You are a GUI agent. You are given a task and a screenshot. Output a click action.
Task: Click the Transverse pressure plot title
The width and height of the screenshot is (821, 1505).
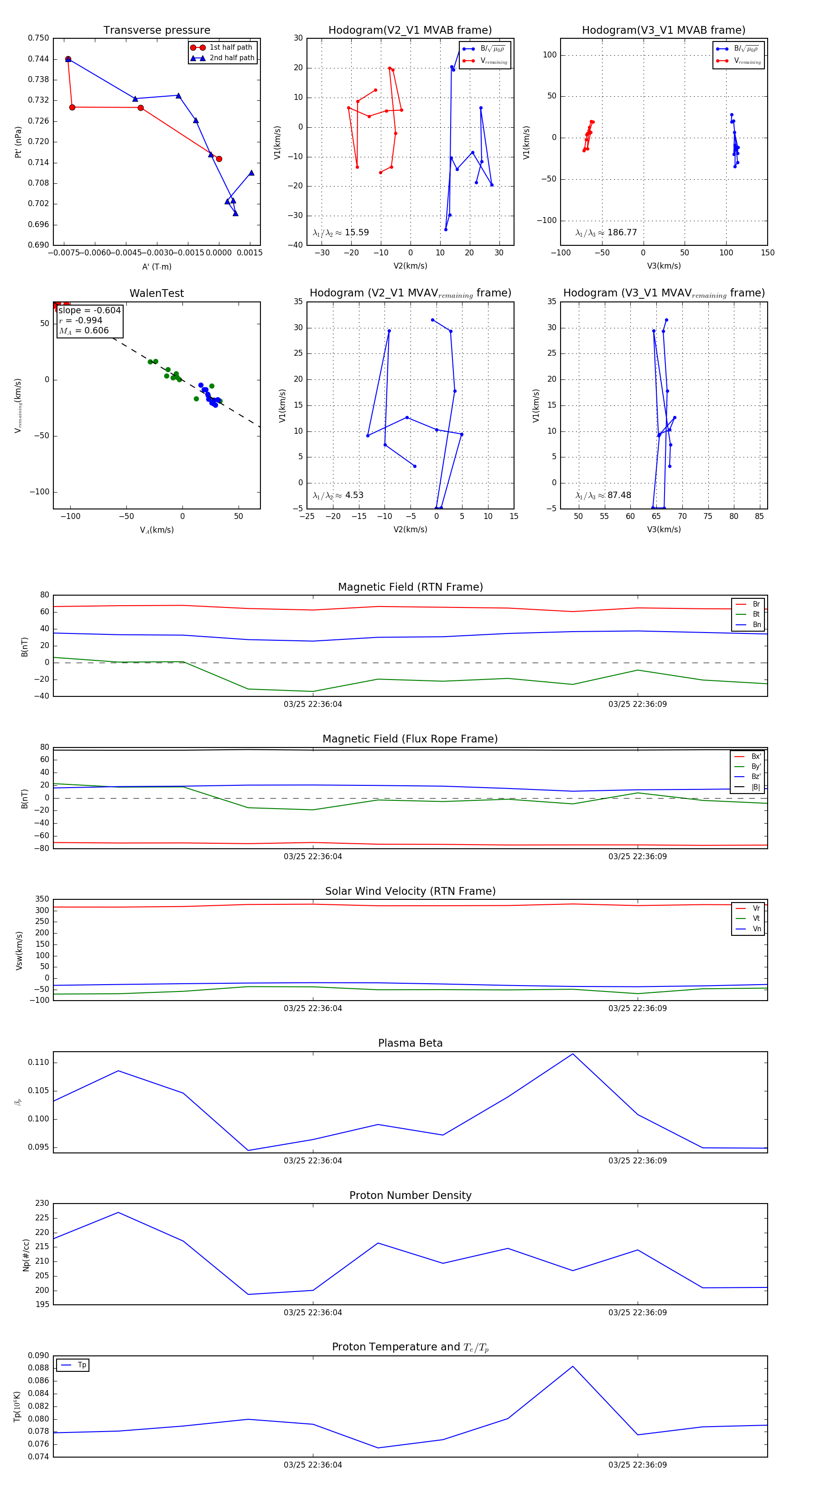point(156,31)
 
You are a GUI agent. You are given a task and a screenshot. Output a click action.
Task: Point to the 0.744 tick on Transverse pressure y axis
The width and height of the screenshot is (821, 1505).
point(39,59)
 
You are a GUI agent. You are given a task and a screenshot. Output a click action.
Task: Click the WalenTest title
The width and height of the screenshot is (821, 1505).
point(156,293)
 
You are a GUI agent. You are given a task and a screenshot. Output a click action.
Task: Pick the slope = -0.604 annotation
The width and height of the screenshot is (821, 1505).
point(89,310)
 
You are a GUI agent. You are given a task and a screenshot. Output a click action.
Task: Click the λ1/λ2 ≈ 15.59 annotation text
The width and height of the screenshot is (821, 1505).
point(341,233)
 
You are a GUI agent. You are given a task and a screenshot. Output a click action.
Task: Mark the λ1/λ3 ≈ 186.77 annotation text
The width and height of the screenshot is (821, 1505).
point(606,233)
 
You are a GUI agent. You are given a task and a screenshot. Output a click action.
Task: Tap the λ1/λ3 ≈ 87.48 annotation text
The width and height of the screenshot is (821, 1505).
point(603,495)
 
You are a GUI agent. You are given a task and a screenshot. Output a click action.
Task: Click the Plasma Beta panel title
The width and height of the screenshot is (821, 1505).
point(410,1043)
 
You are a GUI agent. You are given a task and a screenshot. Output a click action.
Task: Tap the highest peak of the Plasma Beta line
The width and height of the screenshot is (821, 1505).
point(573,1054)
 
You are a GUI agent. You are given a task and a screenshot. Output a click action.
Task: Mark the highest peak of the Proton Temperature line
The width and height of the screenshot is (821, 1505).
point(573,1366)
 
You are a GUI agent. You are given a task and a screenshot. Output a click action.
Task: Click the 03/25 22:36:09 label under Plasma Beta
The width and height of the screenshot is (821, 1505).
point(638,1161)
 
